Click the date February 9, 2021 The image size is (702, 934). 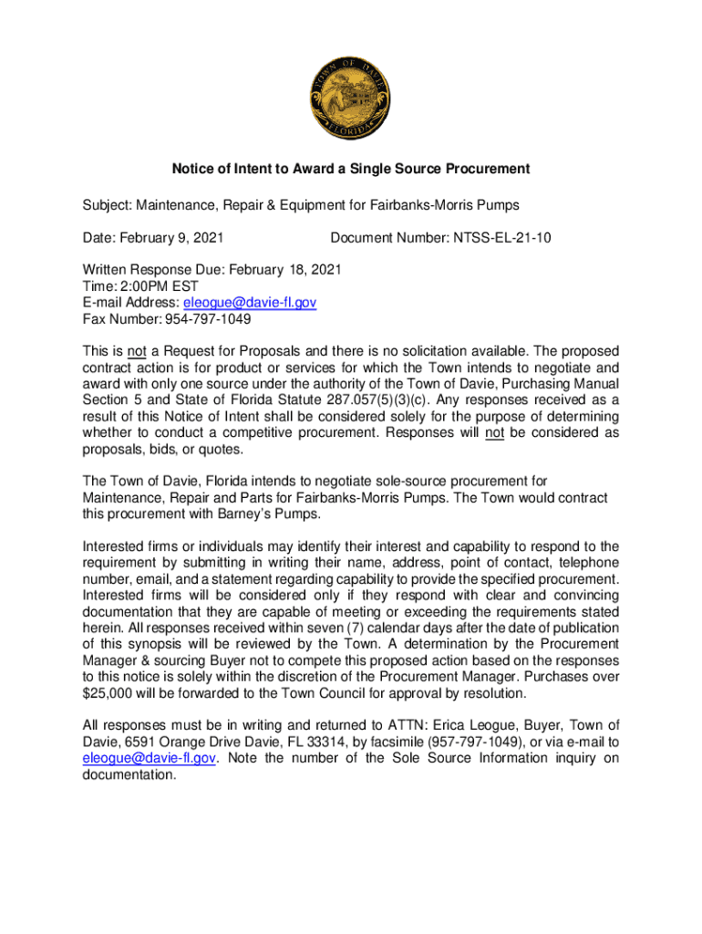click(171, 239)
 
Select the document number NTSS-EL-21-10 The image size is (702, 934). click(498, 239)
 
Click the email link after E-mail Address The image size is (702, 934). click(250, 303)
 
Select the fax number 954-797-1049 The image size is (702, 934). click(206, 319)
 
